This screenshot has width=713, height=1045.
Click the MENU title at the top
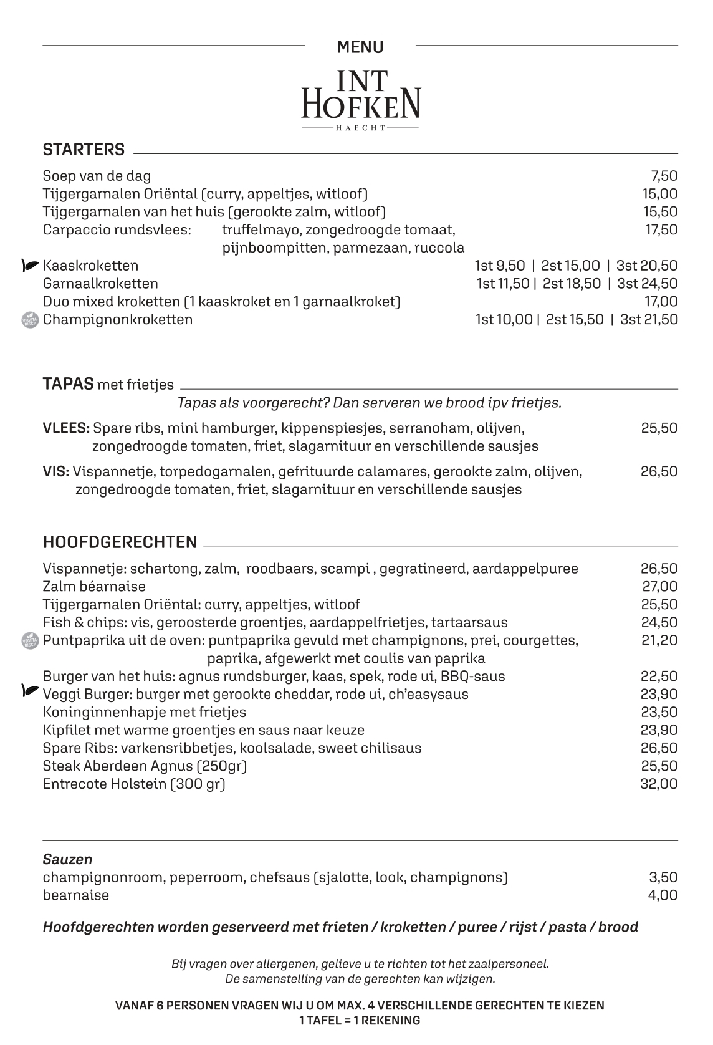(x=360, y=47)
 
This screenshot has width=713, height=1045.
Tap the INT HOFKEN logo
(x=360, y=100)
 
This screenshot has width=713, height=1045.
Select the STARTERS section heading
(x=84, y=150)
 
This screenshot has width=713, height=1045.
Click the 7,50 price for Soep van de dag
(x=664, y=176)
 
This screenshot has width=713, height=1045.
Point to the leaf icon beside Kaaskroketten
(x=30, y=266)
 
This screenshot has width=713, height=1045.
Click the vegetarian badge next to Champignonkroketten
(x=30, y=320)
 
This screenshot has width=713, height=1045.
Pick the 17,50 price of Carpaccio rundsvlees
(x=661, y=229)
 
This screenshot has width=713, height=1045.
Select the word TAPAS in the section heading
(x=68, y=383)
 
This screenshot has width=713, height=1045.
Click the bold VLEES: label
(x=66, y=428)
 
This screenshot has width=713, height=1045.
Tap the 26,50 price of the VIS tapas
(x=659, y=471)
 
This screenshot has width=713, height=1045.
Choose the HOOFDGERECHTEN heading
(x=120, y=542)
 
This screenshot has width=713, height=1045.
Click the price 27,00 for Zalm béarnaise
(x=659, y=586)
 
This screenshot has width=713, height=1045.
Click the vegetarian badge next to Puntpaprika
(x=30, y=640)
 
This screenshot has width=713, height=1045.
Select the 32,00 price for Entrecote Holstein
(x=659, y=784)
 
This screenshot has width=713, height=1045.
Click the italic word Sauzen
(x=67, y=859)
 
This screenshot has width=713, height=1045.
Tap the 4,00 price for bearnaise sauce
(x=663, y=895)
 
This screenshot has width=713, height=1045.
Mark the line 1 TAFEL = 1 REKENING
(x=360, y=1021)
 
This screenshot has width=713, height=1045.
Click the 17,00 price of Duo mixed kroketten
(x=661, y=302)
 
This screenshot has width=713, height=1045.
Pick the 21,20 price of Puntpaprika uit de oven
(x=659, y=640)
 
